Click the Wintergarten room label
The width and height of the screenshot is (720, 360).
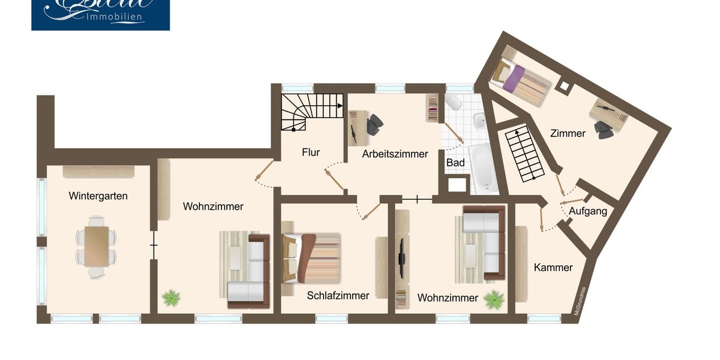point(98,196)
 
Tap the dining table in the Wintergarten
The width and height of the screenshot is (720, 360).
point(96,245)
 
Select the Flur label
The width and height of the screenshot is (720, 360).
point(310,152)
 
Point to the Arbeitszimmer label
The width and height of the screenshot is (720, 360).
point(395,154)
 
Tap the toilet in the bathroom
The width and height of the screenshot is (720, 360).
point(453,102)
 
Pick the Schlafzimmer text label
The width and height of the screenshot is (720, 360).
point(338,295)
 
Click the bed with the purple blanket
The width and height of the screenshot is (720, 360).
point(519,82)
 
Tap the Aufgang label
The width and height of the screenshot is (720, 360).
point(587,211)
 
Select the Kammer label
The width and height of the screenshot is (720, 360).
point(553,268)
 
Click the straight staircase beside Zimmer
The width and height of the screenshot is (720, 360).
point(524,154)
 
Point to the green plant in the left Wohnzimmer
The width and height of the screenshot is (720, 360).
point(171,297)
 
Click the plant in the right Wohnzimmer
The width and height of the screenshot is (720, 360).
point(494,299)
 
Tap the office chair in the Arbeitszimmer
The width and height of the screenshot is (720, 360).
point(375,124)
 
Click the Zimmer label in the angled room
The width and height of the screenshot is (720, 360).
point(568,133)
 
